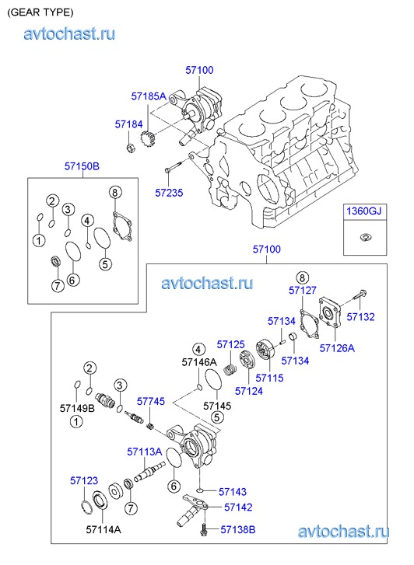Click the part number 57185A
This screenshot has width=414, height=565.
click(x=149, y=96)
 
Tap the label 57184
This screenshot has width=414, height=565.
click(x=129, y=124)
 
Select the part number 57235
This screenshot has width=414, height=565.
click(x=169, y=193)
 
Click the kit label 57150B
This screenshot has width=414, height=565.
click(x=82, y=166)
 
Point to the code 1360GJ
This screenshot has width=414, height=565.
click(x=364, y=211)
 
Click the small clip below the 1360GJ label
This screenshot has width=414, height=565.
click(x=365, y=237)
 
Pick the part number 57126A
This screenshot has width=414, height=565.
click(x=337, y=348)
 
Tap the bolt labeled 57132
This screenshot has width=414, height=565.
click(x=357, y=295)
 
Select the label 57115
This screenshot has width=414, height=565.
click(x=269, y=378)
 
